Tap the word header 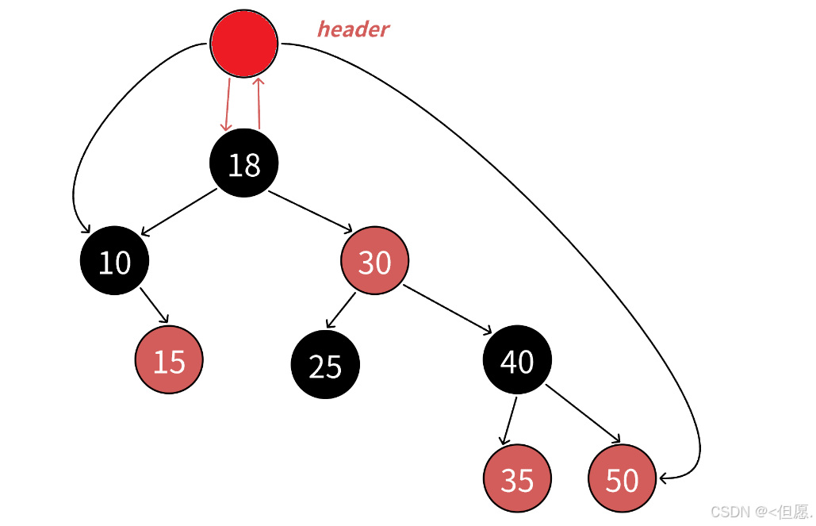[353, 29]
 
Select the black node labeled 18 [244, 163]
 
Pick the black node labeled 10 [114, 260]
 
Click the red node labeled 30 [374, 260]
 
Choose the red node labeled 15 [169, 359]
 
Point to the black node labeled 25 [325, 364]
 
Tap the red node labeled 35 [518, 478]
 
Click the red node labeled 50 [622, 478]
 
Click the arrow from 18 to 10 [178, 212]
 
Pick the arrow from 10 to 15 [154, 306]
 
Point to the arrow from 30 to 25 [342, 310]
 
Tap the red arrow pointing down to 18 [228, 104]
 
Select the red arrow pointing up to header [259, 103]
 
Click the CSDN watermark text [760, 512]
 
